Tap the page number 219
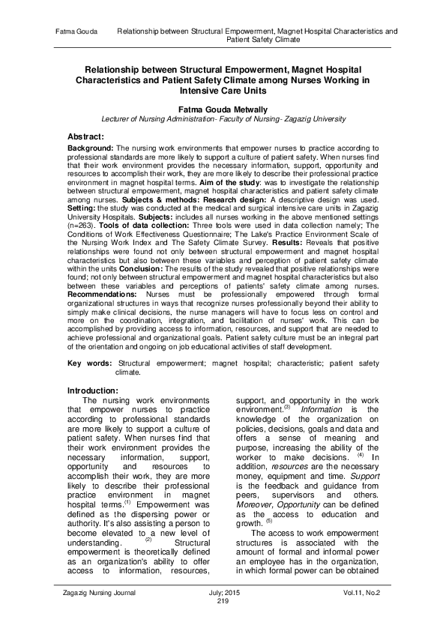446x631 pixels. click(x=223, y=601)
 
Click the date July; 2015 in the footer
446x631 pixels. click(x=223, y=593)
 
